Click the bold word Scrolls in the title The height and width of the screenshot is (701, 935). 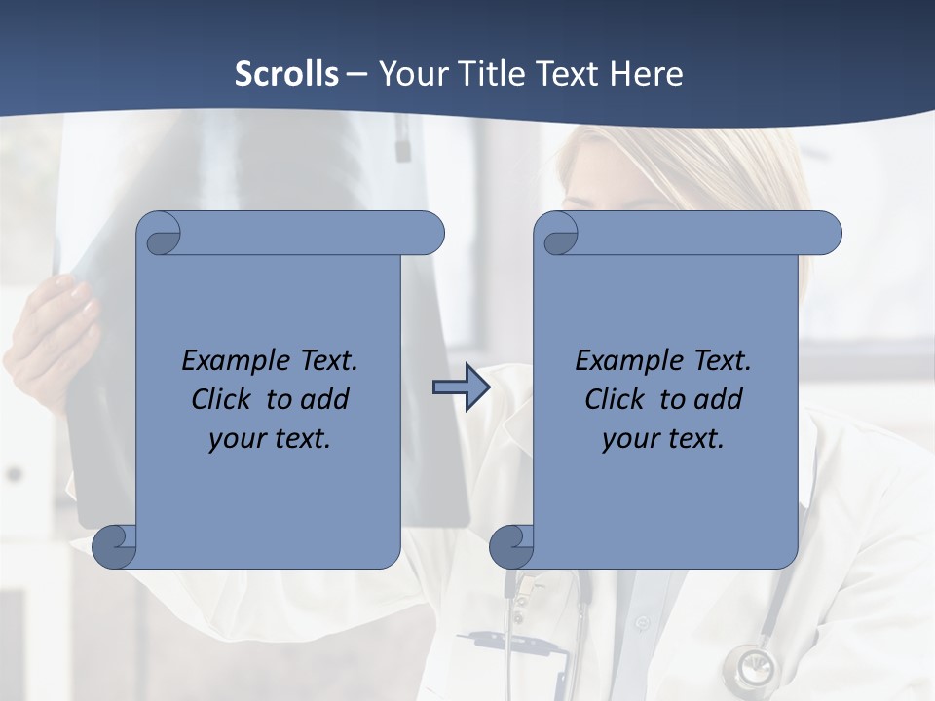click(286, 74)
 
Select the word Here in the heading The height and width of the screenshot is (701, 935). click(648, 74)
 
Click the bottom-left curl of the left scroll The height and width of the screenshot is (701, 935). click(115, 545)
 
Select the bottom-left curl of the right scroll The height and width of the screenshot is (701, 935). click(512, 545)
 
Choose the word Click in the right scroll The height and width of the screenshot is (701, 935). click(615, 399)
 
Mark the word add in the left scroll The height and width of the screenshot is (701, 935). click(325, 399)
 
